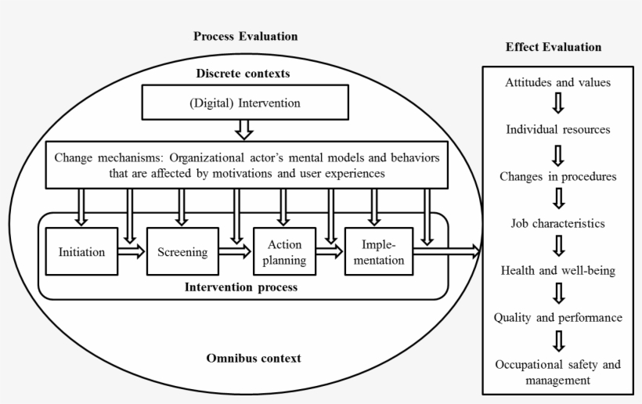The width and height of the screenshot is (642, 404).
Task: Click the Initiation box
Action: [81, 251]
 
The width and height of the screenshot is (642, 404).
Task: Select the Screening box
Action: [182, 251]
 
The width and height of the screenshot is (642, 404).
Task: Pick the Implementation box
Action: [378, 251]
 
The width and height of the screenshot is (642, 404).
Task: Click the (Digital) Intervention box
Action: [243, 103]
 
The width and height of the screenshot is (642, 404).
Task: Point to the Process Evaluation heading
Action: [245, 36]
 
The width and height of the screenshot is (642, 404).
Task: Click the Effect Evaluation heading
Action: [554, 47]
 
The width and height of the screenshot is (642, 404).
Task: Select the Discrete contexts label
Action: [243, 74]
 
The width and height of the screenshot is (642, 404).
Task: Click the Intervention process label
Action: [241, 287]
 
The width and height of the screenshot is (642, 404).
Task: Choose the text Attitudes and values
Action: [557, 82]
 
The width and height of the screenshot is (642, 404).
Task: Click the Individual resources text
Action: [557, 129]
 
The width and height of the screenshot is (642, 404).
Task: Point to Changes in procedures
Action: [557, 176]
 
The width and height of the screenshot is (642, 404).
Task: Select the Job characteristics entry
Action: [557, 223]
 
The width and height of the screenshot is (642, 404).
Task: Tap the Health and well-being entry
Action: [557, 270]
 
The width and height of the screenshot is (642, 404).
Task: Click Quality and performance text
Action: [557, 317]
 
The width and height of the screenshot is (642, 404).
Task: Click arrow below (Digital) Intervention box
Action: [243, 128]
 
